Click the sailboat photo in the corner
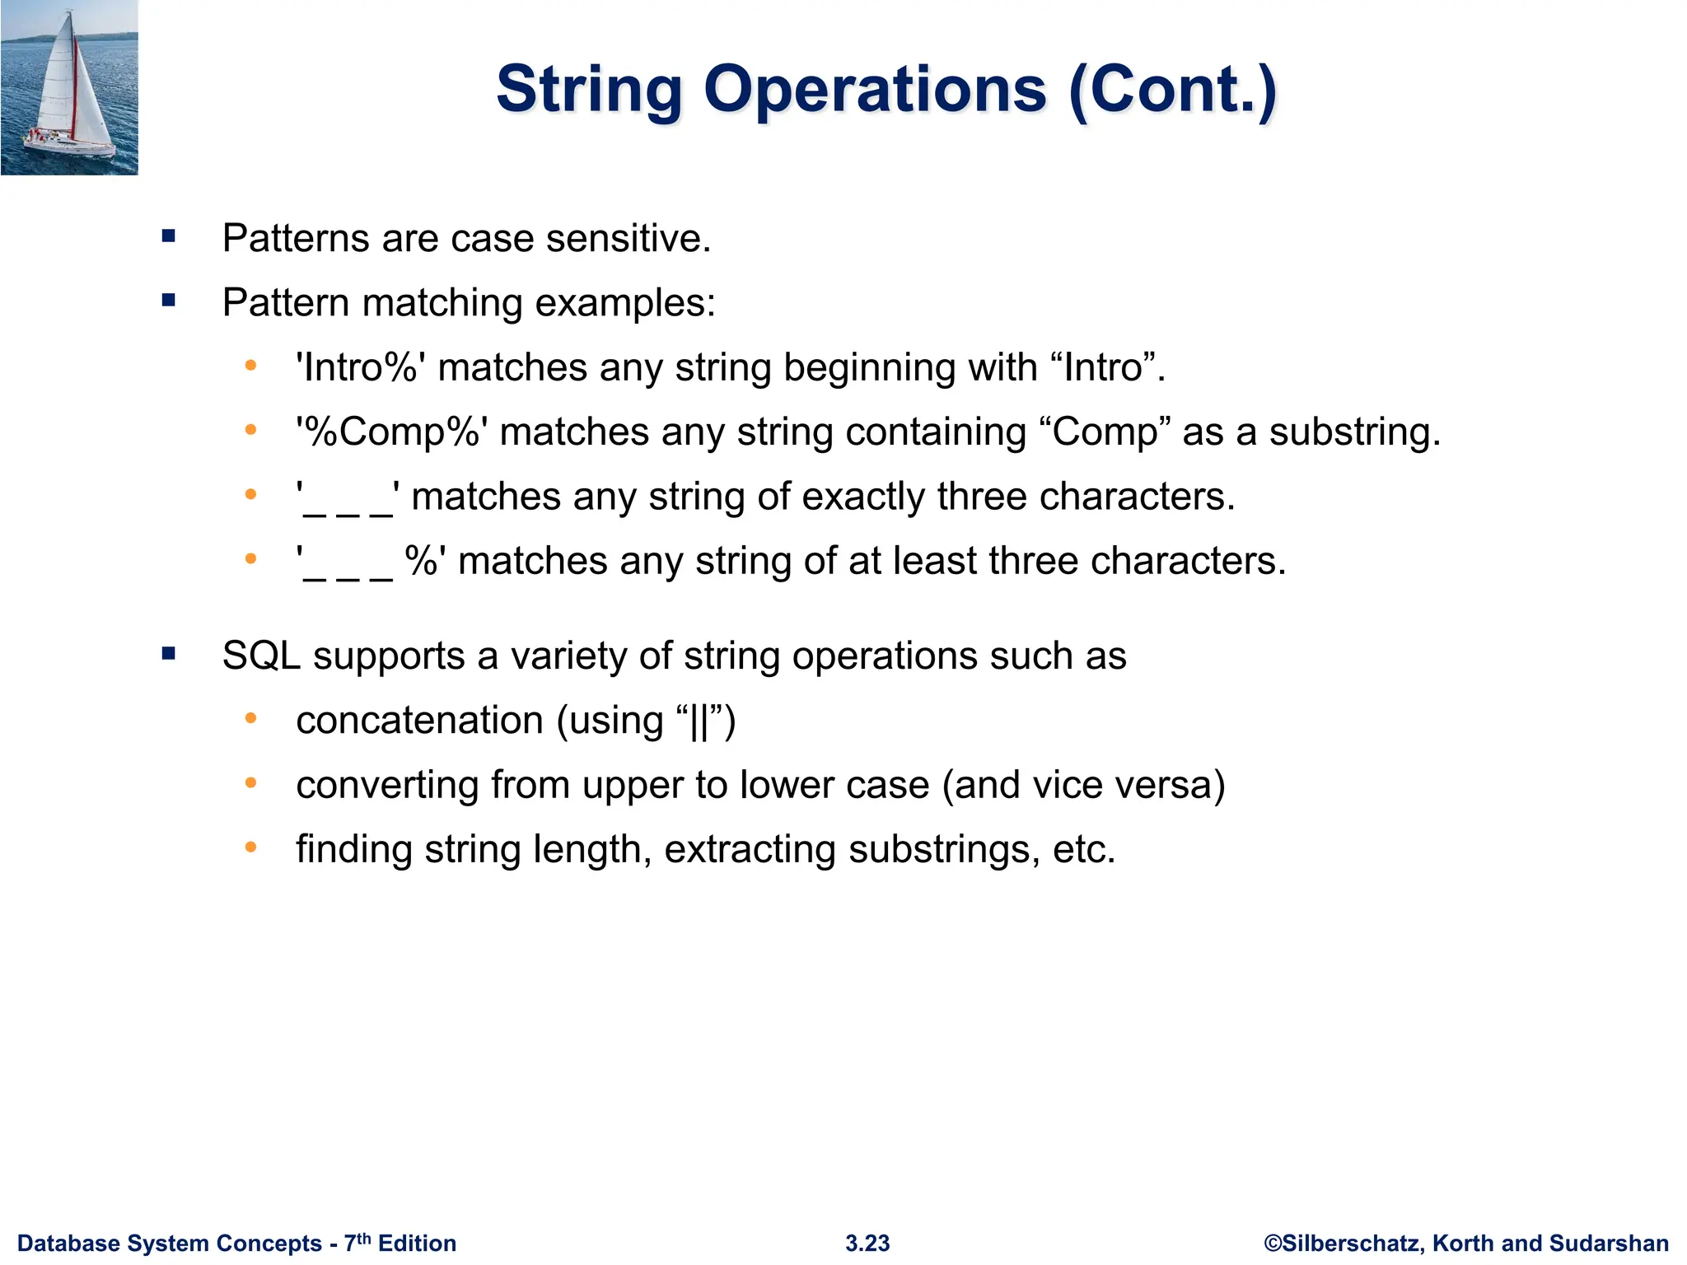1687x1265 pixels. coord(69,87)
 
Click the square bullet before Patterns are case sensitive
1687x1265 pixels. coord(170,237)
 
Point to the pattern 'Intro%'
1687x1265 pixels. coord(361,367)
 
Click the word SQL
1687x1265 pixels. coord(261,656)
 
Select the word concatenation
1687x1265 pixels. coord(419,721)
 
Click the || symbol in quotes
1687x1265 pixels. coord(699,721)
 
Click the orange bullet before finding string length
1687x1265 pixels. coord(251,847)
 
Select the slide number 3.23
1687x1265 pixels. coord(867,1243)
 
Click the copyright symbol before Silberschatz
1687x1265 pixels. coord(1273,1243)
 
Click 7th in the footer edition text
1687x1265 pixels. coord(357,1242)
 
